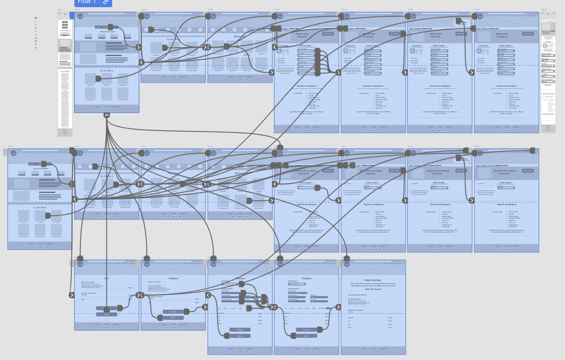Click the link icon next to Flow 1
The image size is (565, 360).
tap(106, 2)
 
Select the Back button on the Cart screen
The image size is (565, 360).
tap(106, 315)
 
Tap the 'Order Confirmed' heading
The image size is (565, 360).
tap(373, 280)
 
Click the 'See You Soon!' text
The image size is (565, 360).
tap(373, 289)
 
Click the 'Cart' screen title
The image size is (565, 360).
tap(106, 278)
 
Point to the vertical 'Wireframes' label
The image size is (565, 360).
tap(36, 33)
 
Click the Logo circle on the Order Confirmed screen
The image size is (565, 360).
tap(347, 264)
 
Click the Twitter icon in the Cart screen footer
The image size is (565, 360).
tap(106, 328)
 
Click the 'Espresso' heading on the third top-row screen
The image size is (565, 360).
tap(240, 36)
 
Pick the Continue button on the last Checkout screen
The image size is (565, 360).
tap(307, 330)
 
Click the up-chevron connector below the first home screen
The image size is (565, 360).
tap(106, 115)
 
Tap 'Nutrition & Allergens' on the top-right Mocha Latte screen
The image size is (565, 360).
tap(507, 86)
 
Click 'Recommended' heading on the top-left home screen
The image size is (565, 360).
tap(107, 32)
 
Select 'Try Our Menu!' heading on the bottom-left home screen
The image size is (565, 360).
tap(40, 207)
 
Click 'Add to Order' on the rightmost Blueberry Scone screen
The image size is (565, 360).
tap(528, 171)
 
